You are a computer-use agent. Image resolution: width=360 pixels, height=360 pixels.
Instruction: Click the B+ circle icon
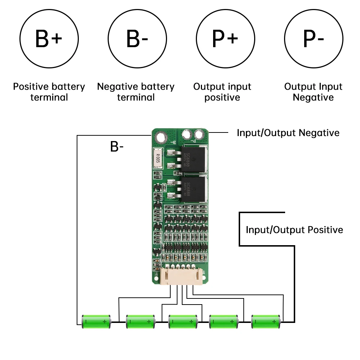(x=49, y=39)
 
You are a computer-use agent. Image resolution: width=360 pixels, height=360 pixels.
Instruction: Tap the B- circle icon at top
(x=137, y=39)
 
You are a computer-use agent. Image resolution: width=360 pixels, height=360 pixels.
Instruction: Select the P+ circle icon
(x=225, y=39)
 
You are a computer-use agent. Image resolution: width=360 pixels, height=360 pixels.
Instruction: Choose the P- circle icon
(x=314, y=39)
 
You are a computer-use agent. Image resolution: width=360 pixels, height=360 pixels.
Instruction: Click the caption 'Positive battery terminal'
(x=49, y=92)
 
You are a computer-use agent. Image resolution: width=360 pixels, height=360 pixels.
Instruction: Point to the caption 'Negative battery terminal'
(x=136, y=92)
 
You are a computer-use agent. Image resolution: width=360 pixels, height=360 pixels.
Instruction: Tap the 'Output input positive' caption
(x=222, y=92)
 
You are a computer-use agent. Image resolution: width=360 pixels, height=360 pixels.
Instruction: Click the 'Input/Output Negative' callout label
(x=288, y=133)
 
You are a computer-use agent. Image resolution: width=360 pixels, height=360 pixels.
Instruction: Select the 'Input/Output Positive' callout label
(x=294, y=230)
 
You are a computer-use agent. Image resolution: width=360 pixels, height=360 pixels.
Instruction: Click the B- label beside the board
(x=117, y=147)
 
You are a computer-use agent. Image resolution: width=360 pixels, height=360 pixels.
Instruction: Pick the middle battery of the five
(x=183, y=321)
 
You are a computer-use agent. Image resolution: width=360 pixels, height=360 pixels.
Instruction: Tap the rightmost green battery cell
(x=266, y=321)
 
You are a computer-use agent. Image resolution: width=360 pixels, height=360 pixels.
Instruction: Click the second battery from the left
(x=140, y=321)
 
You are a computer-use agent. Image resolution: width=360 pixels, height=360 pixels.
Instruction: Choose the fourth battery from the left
(x=224, y=321)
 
